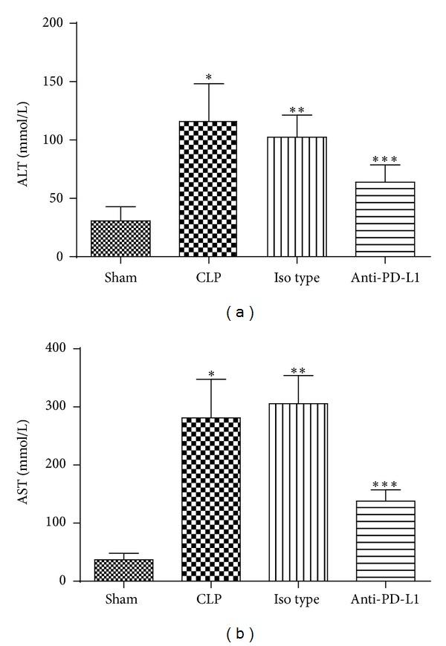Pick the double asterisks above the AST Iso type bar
[x=297, y=369]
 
